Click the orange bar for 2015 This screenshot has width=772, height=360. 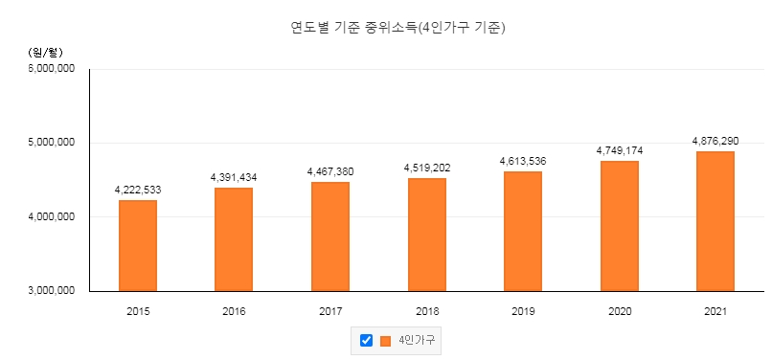coord(138,246)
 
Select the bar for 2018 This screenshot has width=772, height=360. coord(427,235)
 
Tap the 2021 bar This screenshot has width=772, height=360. coord(715,221)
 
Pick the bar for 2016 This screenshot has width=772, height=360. coord(234,239)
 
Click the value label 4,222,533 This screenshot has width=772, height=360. coord(138,191)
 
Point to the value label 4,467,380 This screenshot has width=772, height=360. coord(330,172)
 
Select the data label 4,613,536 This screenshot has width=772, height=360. coord(523,161)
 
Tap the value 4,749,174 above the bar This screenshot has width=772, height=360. coord(620,150)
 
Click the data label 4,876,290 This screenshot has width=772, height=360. coord(715,142)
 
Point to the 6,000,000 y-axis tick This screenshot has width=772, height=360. coord(52,68)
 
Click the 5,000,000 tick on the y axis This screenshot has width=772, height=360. coord(52,143)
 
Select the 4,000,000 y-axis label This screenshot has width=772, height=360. coord(52,216)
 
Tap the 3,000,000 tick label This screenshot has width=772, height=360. coord(52,290)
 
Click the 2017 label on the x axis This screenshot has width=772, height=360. coord(330,311)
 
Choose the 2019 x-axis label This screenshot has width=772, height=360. coord(523,311)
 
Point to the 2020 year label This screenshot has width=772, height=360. coord(620,311)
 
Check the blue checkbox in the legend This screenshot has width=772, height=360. coord(366,340)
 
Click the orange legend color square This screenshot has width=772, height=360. coord(385,341)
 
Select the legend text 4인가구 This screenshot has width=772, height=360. coord(417,340)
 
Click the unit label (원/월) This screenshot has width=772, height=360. coord(45,53)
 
